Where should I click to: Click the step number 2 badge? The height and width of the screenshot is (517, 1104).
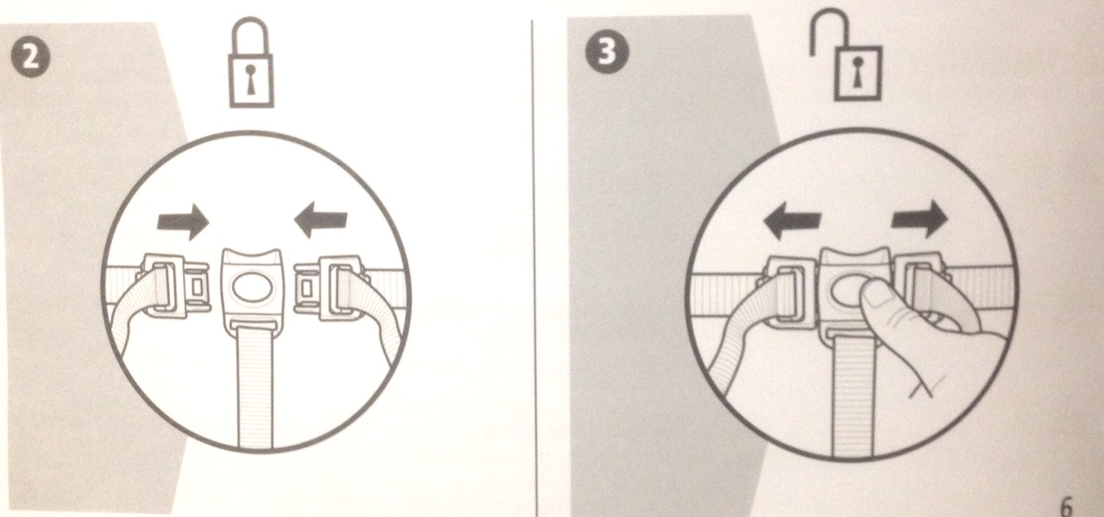coord(30,58)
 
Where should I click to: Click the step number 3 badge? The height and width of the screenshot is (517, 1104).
coord(606,52)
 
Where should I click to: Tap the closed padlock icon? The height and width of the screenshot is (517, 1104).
coord(251,62)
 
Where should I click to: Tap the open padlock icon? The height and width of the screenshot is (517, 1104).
coord(846,54)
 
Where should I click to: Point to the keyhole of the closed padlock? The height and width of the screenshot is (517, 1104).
coord(252,78)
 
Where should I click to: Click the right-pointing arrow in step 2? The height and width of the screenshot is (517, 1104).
coord(184,221)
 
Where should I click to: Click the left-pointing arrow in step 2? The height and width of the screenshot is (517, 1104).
coord(321,220)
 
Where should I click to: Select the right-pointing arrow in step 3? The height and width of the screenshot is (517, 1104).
coord(919,219)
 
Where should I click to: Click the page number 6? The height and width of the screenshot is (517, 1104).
coord(1065,505)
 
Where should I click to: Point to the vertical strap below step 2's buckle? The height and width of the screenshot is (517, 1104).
coord(256,387)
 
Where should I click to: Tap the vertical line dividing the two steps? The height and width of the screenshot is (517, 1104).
coord(534,266)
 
